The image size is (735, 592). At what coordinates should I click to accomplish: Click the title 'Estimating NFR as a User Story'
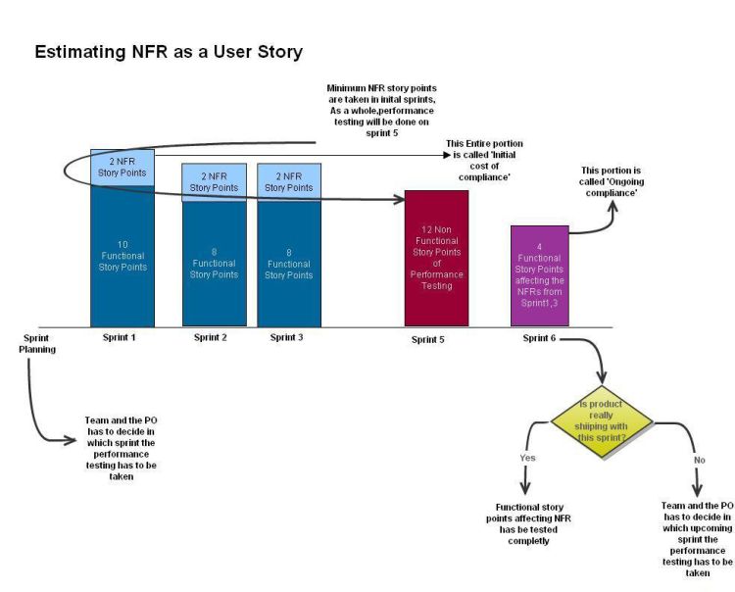[169, 52]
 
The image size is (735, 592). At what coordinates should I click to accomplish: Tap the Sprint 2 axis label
[212, 337]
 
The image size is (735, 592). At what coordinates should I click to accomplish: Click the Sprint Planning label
[37, 343]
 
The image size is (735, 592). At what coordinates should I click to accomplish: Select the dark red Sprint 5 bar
[436, 258]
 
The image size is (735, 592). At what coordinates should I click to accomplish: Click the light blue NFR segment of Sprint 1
[122, 167]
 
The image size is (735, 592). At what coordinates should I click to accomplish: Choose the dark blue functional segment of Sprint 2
[214, 263]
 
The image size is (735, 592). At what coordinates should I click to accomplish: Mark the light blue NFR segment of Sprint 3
[289, 181]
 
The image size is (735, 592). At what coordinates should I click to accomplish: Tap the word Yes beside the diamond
[527, 457]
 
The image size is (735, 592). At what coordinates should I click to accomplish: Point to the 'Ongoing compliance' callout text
[610, 182]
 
